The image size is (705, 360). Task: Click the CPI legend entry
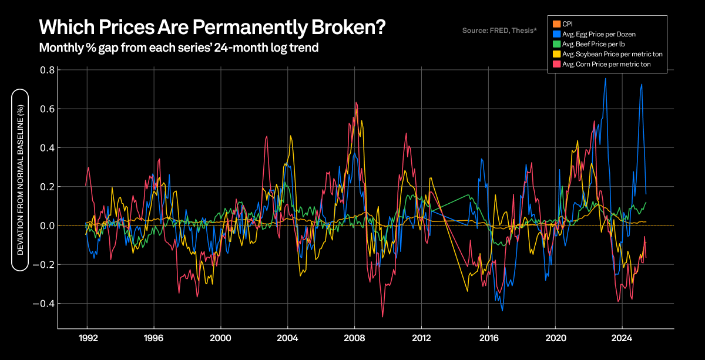click(x=568, y=23)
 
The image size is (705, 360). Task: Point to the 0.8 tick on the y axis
click(x=47, y=70)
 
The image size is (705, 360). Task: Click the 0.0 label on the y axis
click(x=47, y=226)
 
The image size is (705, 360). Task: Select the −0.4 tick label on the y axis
click(x=45, y=304)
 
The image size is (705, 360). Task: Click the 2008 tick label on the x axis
click(x=354, y=338)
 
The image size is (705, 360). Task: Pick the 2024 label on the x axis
click(x=622, y=338)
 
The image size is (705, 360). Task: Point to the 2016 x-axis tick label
click(x=488, y=338)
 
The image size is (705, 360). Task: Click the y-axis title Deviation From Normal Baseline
click(x=21, y=180)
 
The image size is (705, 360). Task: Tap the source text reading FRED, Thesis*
click(x=499, y=29)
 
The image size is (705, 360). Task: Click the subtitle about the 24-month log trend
click(x=179, y=48)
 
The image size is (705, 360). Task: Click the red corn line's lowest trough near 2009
click(x=382, y=317)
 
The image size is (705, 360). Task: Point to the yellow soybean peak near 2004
click(x=290, y=136)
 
